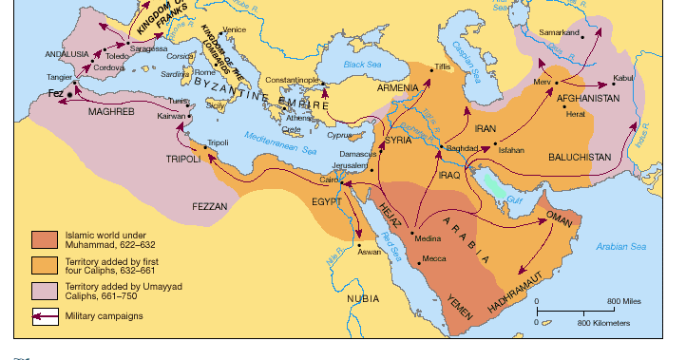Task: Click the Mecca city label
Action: [435, 258]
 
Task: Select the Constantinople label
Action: [291, 80]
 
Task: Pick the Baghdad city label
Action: [460, 150]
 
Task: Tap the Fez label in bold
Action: [56, 93]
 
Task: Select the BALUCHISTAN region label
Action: [580, 156]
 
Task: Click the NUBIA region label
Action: [362, 297]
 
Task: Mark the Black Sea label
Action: [360, 64]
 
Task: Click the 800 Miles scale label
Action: [623, 301]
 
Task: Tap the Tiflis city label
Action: [442, 66]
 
